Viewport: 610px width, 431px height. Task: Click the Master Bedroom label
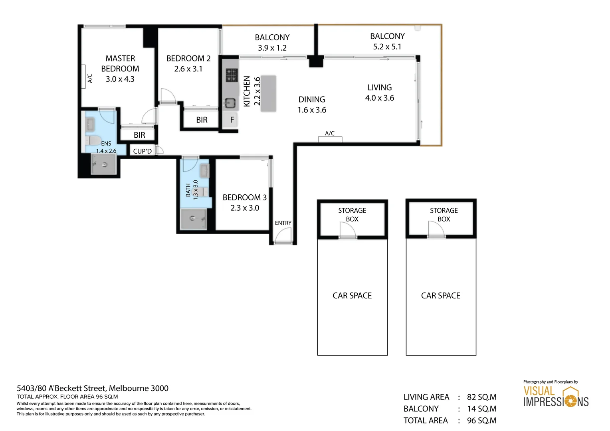point(120,63)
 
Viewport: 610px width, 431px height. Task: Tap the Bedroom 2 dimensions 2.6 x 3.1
point(188,69)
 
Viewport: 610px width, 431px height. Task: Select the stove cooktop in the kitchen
point(231,75)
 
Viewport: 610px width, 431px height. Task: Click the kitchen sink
point(230,103)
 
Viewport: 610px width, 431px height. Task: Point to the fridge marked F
point(232,120)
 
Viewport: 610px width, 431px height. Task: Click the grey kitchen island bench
point(268,93)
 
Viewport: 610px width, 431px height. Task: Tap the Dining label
point(312,99)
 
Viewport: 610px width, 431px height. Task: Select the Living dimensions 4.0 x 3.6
point(379,98)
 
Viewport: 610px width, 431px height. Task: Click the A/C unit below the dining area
point(330,139)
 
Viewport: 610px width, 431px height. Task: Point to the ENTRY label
point(283,223)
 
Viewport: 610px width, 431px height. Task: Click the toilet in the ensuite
point(93,140)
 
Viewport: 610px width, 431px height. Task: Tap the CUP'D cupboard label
point(142,151)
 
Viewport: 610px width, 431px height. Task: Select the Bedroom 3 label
point(244,198)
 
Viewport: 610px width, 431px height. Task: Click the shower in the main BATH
point(193,219)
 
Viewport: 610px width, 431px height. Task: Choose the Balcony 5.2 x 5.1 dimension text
point(387,47)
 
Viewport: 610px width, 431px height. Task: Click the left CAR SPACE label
point(352,296)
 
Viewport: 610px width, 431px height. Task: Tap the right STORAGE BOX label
point(444,215)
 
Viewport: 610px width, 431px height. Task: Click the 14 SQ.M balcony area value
point(481,409)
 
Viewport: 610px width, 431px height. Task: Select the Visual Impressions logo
point(556,396)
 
